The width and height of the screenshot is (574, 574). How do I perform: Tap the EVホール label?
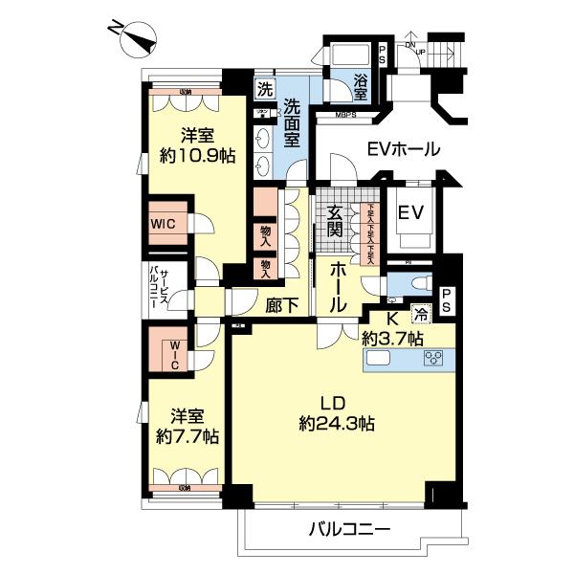[x=404, y=149]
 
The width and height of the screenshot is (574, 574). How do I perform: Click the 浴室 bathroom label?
[x=360, y=89]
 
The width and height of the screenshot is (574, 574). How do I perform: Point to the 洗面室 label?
[x=293, y=122]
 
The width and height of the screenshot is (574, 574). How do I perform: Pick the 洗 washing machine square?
[x=264, y=87]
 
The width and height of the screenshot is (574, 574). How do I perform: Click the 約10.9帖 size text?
[x=197, y=155]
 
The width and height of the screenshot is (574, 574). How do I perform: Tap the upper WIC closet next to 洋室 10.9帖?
[x=163, y=224]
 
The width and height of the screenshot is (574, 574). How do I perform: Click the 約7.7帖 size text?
[x=188, y=435]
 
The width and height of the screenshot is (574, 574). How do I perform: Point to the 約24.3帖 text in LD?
[x=335, y=422]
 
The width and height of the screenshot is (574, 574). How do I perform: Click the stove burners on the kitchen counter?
[x=434, y=361]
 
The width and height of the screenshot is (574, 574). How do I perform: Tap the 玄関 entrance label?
[x=334, y=224]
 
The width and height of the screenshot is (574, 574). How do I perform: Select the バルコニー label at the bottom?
[x=349, y=528]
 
